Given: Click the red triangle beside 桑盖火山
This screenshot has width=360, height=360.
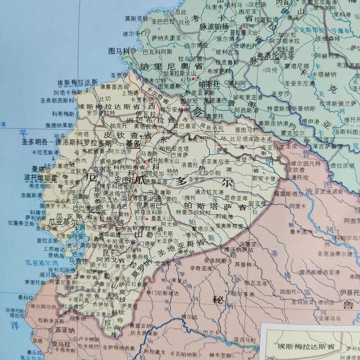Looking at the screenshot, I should (x=147, y=219).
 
